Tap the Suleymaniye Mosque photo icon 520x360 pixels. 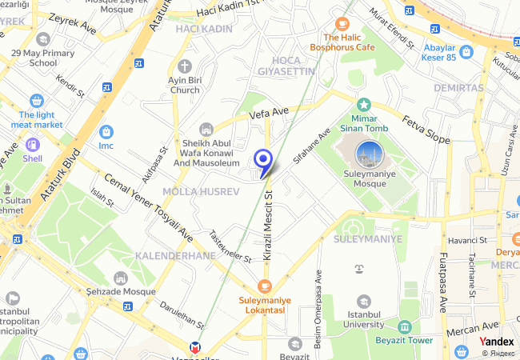tap(370, 152)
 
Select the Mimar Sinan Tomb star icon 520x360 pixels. tap(364, 104)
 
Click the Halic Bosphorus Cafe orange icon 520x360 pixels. tap(342, 24)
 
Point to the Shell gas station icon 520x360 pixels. tap(33, 145)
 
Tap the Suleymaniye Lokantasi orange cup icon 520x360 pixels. tap(265, 286)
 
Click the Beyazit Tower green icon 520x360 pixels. tap(405, 327)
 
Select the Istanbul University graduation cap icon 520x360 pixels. tap(364, 302)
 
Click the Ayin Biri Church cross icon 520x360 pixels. tap(185, 66)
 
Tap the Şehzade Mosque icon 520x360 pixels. tap(121, 278)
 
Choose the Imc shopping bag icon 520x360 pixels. tap(106, 132)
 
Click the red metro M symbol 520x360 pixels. tap(194, 349)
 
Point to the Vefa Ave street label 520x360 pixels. tap(269, 113)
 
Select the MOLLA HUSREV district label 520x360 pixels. tap(201, 192)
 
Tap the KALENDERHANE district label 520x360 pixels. tap(176, 255)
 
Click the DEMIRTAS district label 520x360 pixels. tap(461, 87)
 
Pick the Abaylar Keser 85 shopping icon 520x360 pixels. tap(466, 52)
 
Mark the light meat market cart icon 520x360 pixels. tap(36, 101)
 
